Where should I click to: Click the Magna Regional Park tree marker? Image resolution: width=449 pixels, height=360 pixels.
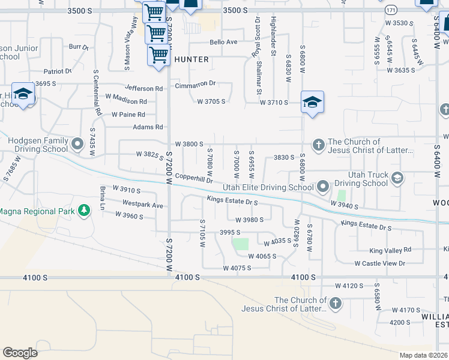85,211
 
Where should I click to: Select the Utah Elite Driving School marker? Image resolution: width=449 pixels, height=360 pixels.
323,187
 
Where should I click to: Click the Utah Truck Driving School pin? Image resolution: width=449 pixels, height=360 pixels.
397,178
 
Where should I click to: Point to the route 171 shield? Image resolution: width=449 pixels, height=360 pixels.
390,11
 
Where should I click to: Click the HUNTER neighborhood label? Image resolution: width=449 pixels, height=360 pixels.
191,59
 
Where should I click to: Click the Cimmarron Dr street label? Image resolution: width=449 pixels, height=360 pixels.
195,85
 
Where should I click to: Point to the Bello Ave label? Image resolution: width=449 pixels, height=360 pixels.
223,42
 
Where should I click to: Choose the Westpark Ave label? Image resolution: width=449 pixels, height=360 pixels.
142,205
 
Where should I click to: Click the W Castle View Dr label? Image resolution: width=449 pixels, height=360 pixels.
380,263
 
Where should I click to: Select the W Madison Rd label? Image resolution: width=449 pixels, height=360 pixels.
126,101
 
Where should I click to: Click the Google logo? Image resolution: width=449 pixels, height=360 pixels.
20,353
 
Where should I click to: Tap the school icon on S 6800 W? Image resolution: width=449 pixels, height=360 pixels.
312,101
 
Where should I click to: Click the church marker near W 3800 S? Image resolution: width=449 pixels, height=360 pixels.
318,144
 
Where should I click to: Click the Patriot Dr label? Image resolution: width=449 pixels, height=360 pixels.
57,71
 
